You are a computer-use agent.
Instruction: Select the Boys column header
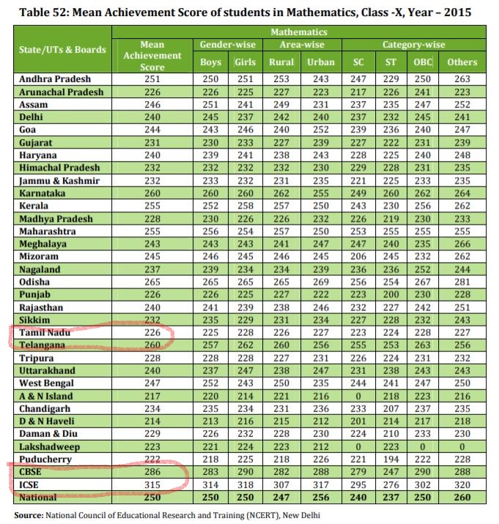(210, 62)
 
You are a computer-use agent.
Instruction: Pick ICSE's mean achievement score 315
(150, 485)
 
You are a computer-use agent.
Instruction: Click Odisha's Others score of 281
(462, 281)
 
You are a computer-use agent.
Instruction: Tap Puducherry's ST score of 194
(390, 459)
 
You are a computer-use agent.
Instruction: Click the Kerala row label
(34, 206)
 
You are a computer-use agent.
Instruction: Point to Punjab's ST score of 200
(390, 294)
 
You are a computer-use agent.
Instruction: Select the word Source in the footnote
(28, 514)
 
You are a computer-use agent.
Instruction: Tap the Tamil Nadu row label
(43, 333)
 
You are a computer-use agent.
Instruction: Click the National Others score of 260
(462, 498)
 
